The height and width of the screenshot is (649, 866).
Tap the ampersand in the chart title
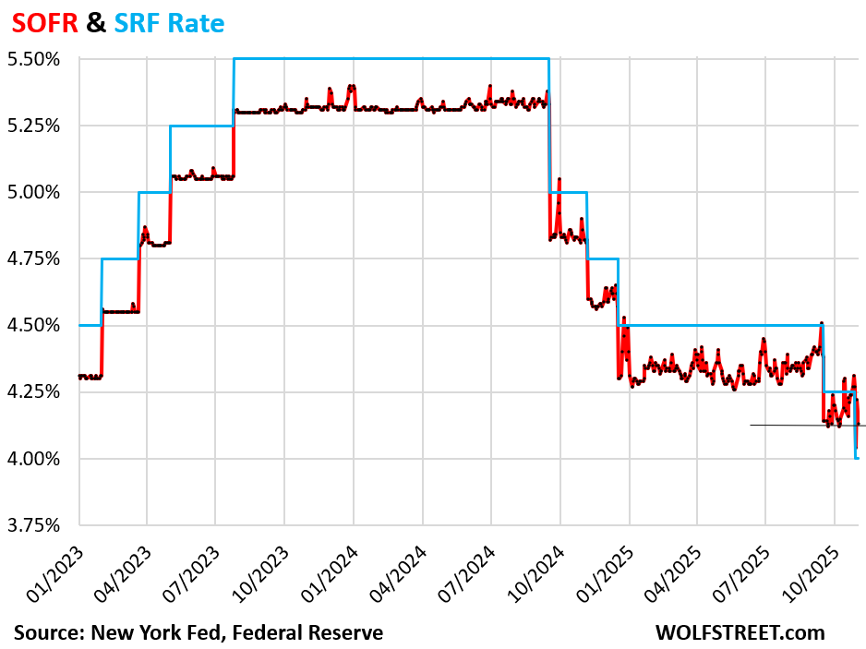coord(96,23)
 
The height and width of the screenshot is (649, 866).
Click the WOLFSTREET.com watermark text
coord(740,632)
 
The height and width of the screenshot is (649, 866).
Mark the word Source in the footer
coord(45,632)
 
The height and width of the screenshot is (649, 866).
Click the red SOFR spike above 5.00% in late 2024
coord(559,181)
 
